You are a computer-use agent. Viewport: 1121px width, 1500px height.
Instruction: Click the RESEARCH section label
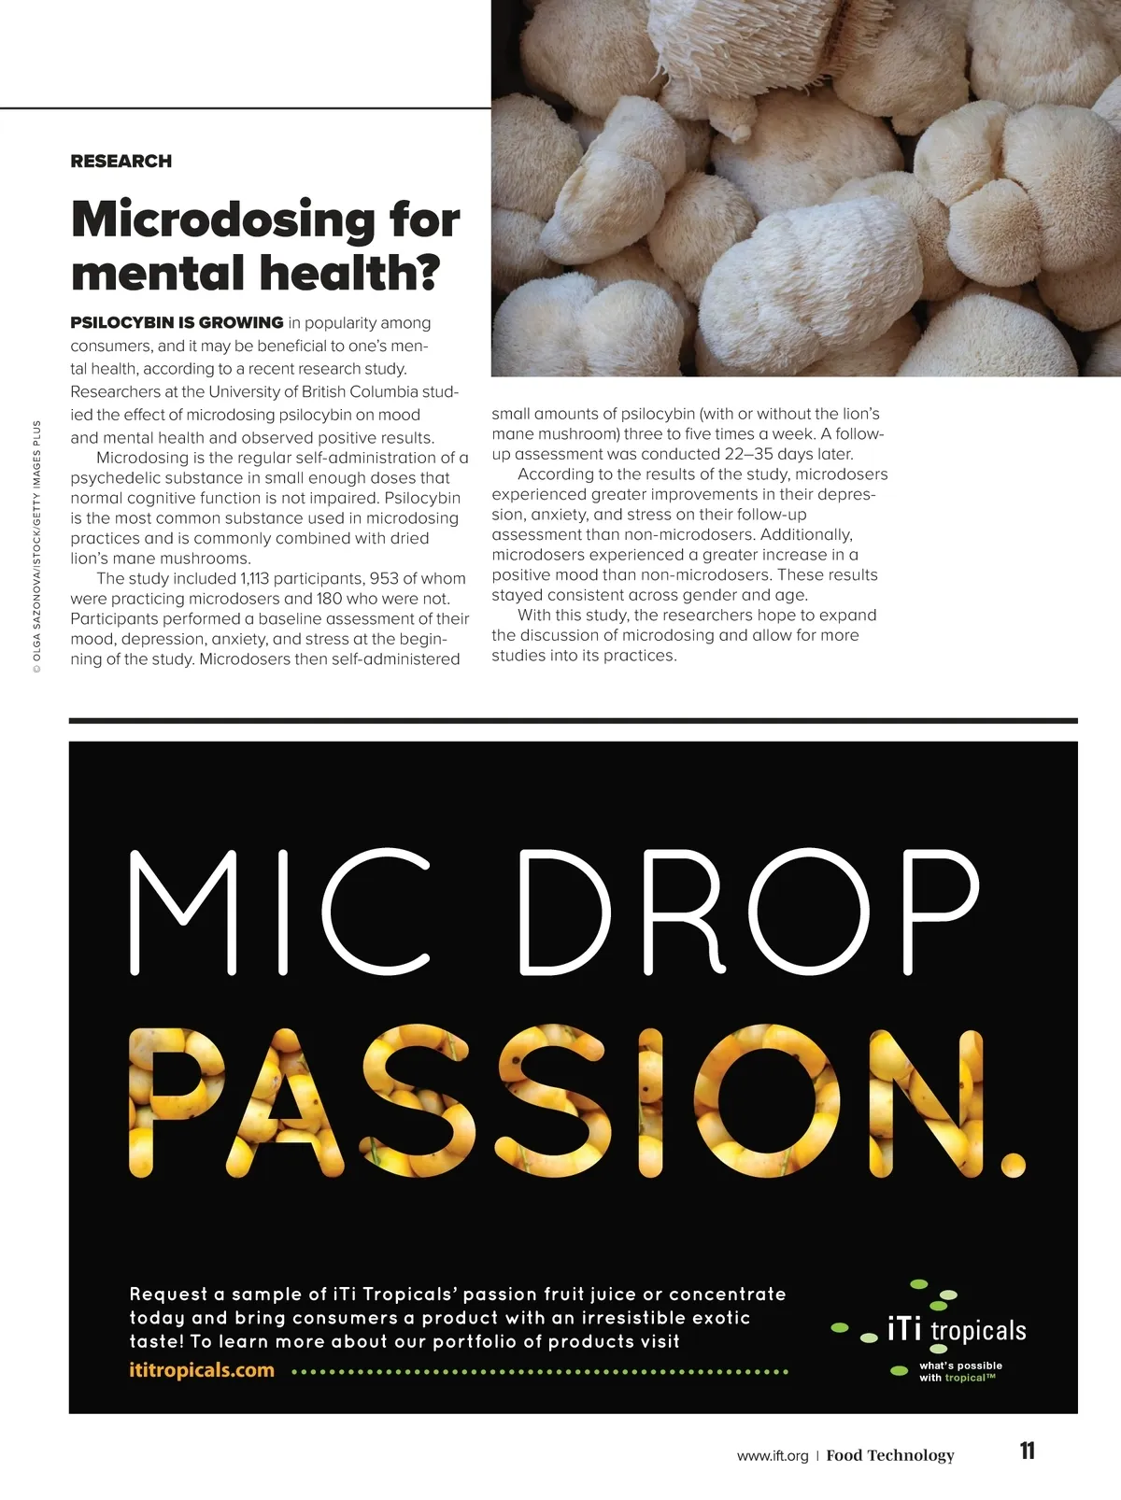121,161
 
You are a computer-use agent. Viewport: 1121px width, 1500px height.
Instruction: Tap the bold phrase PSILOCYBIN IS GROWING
177,323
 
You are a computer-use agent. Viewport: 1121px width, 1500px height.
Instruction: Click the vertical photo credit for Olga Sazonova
36,546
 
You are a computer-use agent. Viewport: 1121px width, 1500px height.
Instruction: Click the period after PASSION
1013,1164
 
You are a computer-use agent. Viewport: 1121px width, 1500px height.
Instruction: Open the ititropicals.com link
202,1371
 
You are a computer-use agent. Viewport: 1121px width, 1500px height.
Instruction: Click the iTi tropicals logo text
956,1330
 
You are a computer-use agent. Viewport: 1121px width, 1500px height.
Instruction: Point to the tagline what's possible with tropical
959,1371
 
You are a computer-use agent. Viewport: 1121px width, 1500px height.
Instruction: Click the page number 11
1028,1451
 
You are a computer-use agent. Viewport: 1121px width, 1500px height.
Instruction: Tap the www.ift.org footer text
772,1455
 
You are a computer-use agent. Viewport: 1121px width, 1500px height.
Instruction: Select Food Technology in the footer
890,1455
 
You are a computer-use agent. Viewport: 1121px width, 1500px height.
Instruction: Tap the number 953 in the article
383,579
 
